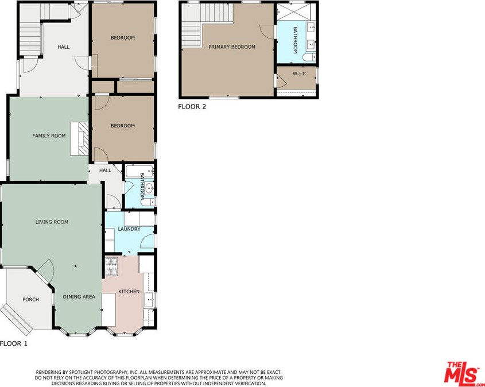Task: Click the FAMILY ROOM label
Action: tap(49, 136)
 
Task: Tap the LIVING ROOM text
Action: tap(52, 222)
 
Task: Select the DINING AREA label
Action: tap(79, 297)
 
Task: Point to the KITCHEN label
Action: tap(129, 292)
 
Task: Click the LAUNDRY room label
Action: tap(129, 229)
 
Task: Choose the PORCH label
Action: tap(30, 300)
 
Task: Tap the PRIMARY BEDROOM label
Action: tap(232, 47)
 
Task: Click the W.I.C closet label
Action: tap(299, 73)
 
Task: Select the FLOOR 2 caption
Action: tap(192, 107)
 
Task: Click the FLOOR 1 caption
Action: tap(14, 343)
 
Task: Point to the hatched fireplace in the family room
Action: tap(83, 138)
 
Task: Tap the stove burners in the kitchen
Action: tap(111, 266)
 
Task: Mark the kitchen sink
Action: tap(150, 300)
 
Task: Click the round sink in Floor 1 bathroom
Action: tap(149, 188)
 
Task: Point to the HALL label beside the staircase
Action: tap(63, 47)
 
